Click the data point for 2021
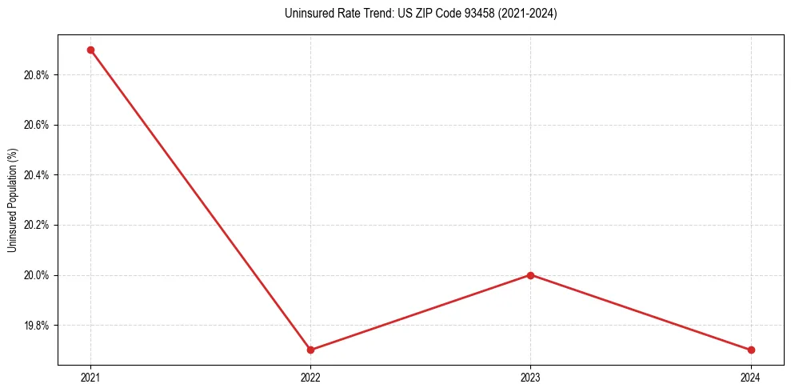[90, 50]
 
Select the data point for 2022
[310, 350]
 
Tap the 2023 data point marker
[530, 275]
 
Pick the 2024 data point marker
[750, 350]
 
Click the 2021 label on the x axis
[90, 377]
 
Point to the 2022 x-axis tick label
[310, 377]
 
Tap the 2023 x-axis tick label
[530, 377]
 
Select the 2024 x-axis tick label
[750, 377]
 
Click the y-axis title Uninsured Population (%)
[12, 200]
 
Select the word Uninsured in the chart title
[304, 14]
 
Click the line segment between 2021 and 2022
[200, 199]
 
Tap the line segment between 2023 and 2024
[640, 312]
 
